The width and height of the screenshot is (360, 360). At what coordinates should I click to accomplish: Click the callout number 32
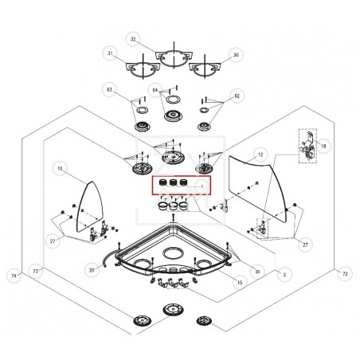133,39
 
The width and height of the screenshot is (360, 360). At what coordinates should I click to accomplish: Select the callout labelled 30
235,54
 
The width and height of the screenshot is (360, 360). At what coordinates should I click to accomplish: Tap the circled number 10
60,169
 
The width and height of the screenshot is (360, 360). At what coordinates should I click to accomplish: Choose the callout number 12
260,152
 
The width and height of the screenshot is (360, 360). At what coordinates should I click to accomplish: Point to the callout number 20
92,271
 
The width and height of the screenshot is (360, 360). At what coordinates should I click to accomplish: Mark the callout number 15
238,283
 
